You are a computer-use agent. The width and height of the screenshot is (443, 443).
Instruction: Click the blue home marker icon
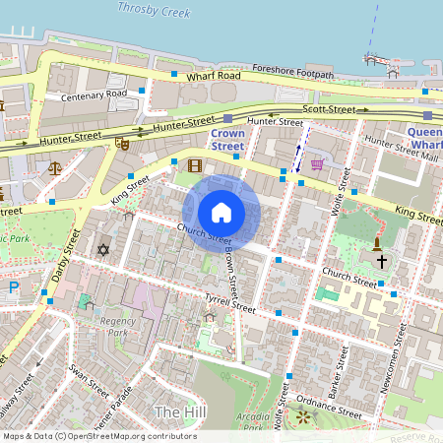tap(221, 213)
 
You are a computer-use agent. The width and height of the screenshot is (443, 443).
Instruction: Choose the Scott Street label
tap(328, 109)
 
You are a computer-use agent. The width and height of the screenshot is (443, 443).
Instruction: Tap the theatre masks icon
tap(123, 142)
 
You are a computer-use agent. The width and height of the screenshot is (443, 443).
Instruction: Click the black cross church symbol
tap(381, 261)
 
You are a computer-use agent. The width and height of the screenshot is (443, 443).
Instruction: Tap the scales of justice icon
tap(54, 167)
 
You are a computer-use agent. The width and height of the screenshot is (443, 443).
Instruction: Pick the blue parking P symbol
tap(13, 287)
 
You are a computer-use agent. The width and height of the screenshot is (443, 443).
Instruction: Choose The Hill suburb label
tap(179, 411)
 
